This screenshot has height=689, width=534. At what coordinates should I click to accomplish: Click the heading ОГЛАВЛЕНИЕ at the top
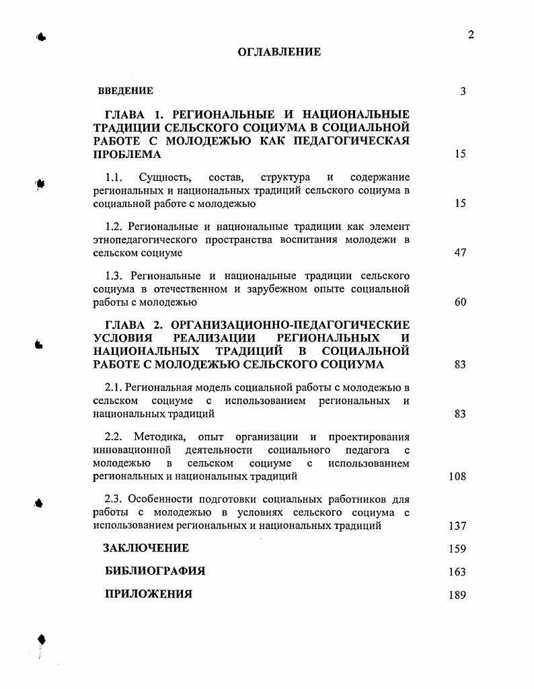coord(279,52)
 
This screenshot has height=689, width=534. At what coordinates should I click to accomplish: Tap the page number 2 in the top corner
coord(471,35)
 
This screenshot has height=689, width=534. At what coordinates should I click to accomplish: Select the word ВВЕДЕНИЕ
coord(126,91)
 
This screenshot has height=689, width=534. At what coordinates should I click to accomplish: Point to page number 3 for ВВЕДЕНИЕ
coord(463,91)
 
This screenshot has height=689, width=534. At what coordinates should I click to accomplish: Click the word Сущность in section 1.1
coord(165,177)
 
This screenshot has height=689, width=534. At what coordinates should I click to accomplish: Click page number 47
coord(460,253)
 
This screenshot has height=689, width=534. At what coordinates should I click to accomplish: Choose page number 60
coord(460,302)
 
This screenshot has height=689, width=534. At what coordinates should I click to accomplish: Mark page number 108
coord(457,477)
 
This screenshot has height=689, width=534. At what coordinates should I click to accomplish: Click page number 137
coord(457,526)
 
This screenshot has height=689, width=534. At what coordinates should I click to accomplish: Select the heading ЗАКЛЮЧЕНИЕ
coord(146,549)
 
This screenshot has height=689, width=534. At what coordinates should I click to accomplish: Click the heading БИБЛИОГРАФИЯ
coord(155,571)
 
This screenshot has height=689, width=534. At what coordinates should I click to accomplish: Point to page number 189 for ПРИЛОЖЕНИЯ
coord(457,595)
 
